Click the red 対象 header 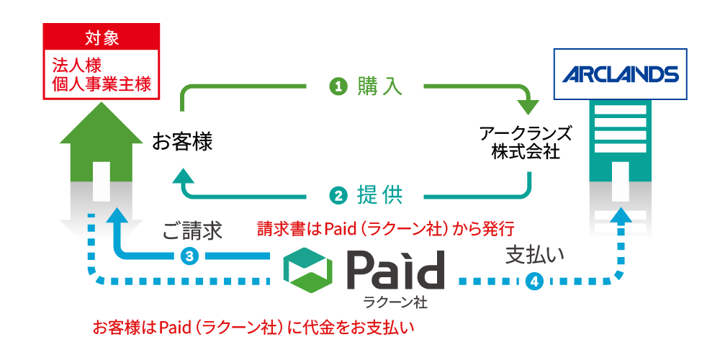[x=101, y=36]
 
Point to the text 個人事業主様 [x=101, y=84]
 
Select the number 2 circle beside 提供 [x=339, y=194]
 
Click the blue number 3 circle [x=190, y=256]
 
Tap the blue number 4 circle [x=534, y=282]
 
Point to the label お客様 [x=182, y=142]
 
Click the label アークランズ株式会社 [x=526, y=143]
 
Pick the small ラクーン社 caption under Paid [x=395, y=302]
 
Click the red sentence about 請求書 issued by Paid [x=386, y=230]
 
